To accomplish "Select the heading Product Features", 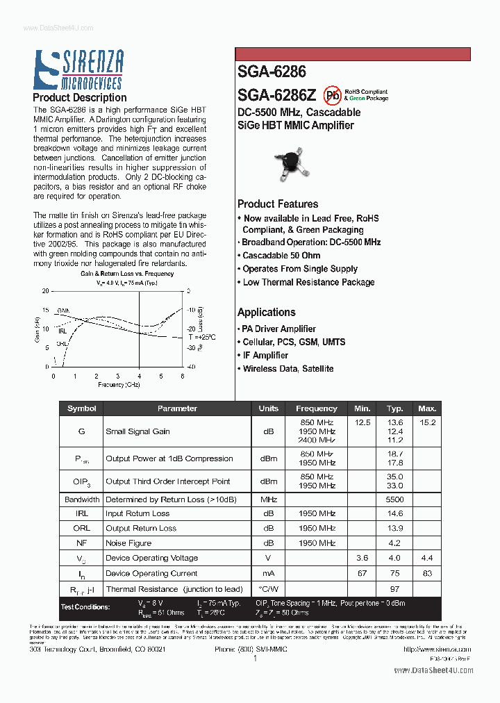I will click(x=278, y=204).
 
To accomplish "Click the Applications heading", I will click(x=267, y=312).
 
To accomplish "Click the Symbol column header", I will click(x=82, y=408).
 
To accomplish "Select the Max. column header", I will click(x=427, y=408).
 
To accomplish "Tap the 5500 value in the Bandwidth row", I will click(x=395, y=499).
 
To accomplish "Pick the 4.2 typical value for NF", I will click(x=395, y=543).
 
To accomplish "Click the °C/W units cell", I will click(x=268, y=589).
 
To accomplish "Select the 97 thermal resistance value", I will click(x=395, y=589).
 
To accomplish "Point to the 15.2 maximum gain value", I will click(x=427, y=422).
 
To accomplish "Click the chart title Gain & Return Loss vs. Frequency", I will click(x=126, y=274).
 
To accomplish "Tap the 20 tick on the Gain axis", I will click(x=46, y=291).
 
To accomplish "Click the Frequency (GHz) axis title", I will click(x=119, y=384).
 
